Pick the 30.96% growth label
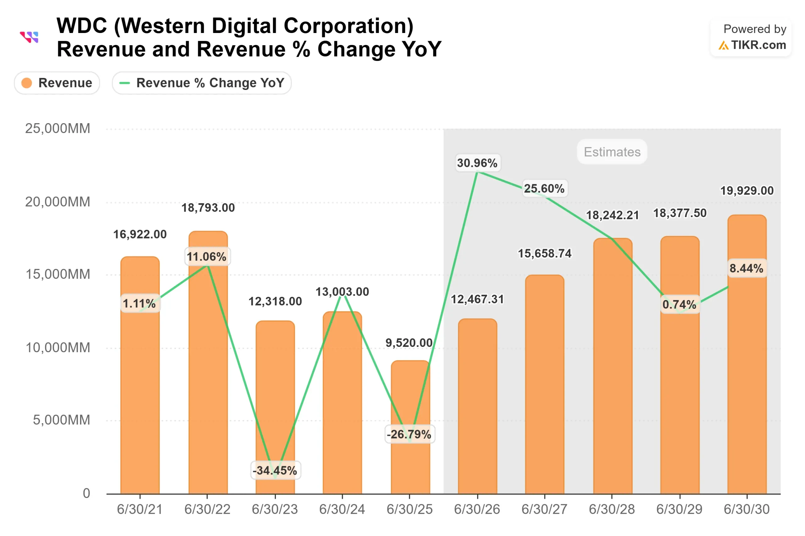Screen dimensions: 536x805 point(477,163)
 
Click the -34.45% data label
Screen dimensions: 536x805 point(275,470)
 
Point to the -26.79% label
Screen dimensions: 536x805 point(409,434)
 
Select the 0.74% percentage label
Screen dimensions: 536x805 point(679,304)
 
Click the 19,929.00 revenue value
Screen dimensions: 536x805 point(747,191)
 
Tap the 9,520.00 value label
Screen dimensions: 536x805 point(409,343)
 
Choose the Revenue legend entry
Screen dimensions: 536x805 point(57,83)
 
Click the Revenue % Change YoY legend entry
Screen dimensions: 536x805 point(202,83)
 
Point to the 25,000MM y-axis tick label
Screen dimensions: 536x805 point(58,129)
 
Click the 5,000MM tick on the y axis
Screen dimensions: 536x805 point(61,420)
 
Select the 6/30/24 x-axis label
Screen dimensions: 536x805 point(342,509)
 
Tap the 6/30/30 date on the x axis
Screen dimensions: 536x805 point(747,509)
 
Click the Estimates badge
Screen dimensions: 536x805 point(612,152)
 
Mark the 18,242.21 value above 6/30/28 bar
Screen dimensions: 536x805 point(612,215)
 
